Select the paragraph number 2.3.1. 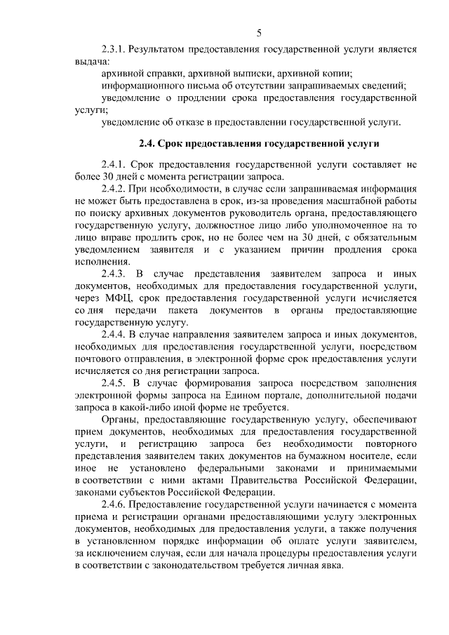pyautogui.click(x=116, y=50)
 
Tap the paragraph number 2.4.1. pyautogui.click(x=116, y=164)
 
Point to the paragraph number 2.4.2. pyautogui.click(x=116, y=189)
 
